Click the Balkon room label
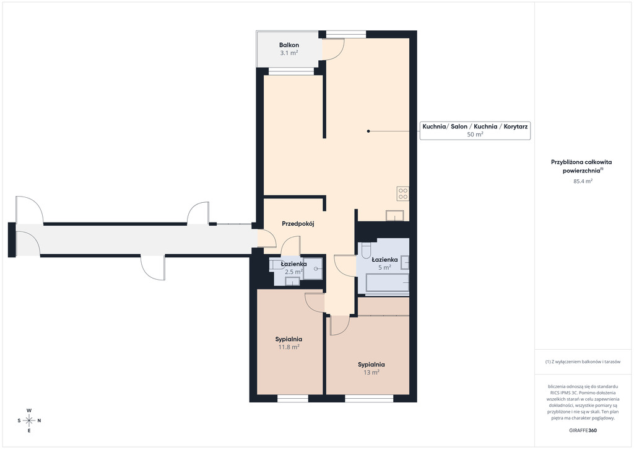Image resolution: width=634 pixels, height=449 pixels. pos(289,45)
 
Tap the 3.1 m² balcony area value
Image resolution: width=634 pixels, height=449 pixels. pos(289,53)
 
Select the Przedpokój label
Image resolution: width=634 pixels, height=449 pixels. pos(298,223)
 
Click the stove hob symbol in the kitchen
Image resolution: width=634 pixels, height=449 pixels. pos(402,193)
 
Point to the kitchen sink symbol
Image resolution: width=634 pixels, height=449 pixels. pos(394,216)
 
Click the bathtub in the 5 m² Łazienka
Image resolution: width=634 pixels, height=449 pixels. pos(388,283)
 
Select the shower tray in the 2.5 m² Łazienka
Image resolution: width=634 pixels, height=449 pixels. pos(313,269)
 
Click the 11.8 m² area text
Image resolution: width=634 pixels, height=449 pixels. pos(289,347)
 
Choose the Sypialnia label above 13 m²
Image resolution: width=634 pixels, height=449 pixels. pos(371,365)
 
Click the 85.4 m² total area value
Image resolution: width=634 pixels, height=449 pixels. pos(583,181)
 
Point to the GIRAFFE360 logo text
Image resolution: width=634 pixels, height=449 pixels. pos(583,430)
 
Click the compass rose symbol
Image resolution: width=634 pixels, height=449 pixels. pos(29,420)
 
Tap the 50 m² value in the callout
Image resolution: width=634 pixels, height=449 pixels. pos(475,135)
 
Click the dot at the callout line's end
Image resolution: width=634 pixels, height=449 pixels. pos(368,131)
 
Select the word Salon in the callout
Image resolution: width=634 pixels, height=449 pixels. pos(459,127)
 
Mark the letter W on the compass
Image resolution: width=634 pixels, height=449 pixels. pos(29,411)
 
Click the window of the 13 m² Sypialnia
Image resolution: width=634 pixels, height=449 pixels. pos(369,398)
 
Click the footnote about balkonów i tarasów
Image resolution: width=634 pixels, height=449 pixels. pos(583,362)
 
